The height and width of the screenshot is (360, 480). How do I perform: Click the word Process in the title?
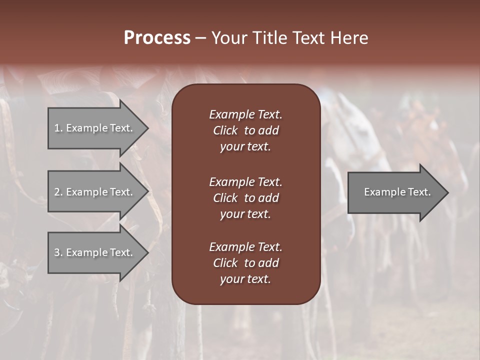157,38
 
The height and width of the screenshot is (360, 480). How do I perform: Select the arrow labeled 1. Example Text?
95,128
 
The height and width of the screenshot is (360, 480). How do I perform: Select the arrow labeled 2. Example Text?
95,192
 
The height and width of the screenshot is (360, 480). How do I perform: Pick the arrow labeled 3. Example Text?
95,252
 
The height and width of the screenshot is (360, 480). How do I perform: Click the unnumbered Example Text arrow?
397,192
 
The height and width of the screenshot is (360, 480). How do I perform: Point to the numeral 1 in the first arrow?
56,128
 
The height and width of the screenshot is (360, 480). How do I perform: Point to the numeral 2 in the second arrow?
57,192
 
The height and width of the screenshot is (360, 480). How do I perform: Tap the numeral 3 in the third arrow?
57,252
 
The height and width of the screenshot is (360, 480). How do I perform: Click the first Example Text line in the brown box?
245,114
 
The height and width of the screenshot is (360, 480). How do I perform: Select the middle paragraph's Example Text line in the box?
245,181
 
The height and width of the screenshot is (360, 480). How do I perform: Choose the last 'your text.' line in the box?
245,279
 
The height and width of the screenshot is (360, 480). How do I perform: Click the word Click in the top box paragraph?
225,130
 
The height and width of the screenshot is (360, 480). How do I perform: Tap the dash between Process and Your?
201,38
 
